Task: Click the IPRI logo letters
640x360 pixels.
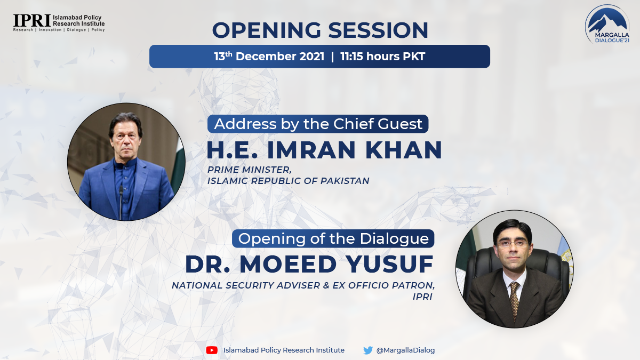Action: click(x=32, y=21)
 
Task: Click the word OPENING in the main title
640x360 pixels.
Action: click(x=267, y=30)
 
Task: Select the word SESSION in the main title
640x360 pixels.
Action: click(x=378, y=30)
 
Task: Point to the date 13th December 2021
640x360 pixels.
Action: click(x=269, y=57)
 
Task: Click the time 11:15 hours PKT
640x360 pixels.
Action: click(x=382, y=57)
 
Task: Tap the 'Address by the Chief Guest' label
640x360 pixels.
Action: click(x=318, y=124)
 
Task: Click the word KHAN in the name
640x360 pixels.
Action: click(x=404, y=150)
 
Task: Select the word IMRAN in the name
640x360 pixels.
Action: click(x=311, y=150)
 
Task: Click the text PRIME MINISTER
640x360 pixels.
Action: click(x=250, y=170)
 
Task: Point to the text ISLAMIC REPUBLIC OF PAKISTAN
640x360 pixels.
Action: click(x=289, y=181)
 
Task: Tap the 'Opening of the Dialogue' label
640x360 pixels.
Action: click(x=333, y=238)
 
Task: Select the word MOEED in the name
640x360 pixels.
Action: click(x=288, y=265)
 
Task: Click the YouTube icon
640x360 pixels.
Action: click(x=212, y=350)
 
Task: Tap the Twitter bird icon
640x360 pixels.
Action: click(x=368, y=350)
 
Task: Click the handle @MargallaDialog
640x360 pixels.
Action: click(x=406, y=350)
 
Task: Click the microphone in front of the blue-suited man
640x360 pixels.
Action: click(x=121, y=202)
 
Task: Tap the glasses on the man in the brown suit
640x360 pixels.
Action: click(x=513, y=244)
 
